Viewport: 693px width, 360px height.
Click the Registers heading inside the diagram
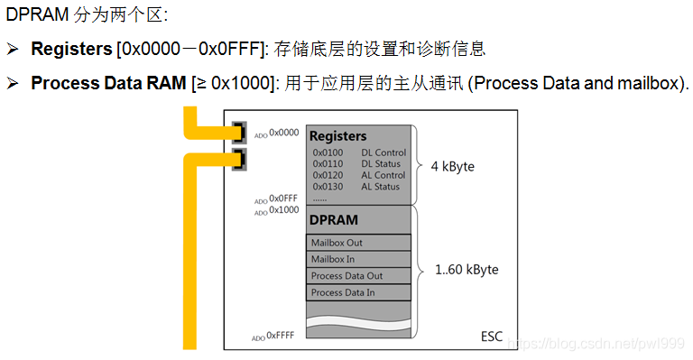[338, 136]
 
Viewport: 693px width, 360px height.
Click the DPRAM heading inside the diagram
[334, 219]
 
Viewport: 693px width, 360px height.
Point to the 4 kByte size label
[452, 167]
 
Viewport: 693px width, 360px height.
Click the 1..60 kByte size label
[467, 269]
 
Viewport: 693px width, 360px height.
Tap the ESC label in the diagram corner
[492, 337]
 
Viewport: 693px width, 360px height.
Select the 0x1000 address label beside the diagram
[282, 210]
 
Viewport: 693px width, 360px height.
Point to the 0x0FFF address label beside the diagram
[282, 198]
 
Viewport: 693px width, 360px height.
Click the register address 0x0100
[327, 153]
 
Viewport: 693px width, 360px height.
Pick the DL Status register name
[381, 164]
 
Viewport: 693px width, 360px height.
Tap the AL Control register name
[383, 175]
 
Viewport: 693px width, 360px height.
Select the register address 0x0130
[327, 187]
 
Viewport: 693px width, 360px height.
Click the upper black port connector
[240, 132]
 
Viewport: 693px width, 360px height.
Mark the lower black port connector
[240, 160]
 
